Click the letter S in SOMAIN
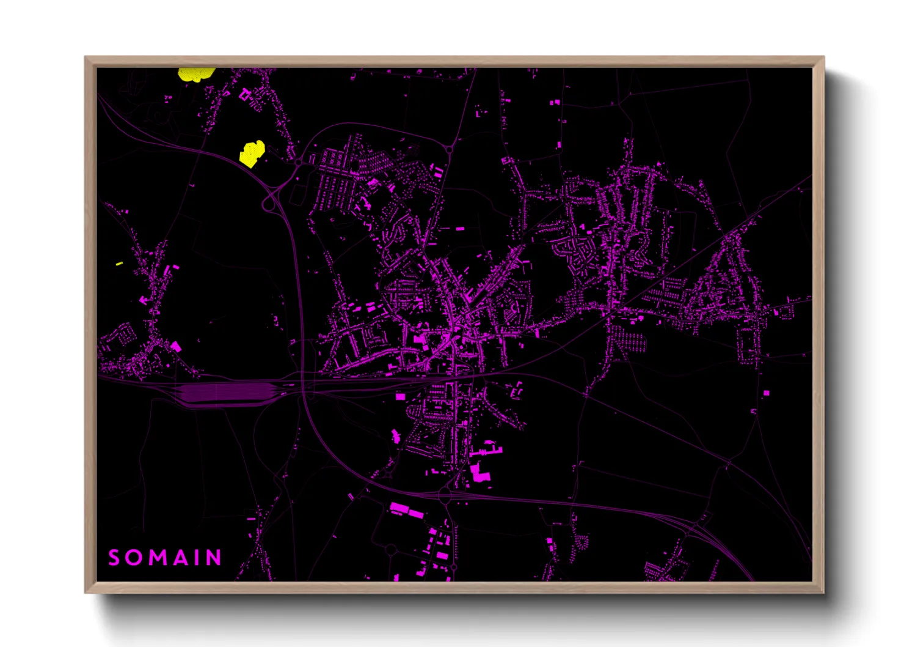click(114, 558)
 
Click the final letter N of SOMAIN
click(213, 558)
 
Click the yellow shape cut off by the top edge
click(195, 74)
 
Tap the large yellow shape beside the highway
click(251, 153)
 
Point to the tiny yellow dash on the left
click(119, 264)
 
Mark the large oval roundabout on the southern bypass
click(445, 494)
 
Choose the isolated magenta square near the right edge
click(766, 392)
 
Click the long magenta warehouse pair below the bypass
click(406, 510)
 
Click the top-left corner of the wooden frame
click(86, 57)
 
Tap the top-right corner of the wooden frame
click(823, 57)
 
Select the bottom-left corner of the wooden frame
click(86, 592)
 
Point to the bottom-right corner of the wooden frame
click(823, 592)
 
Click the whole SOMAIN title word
click(164, 558)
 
